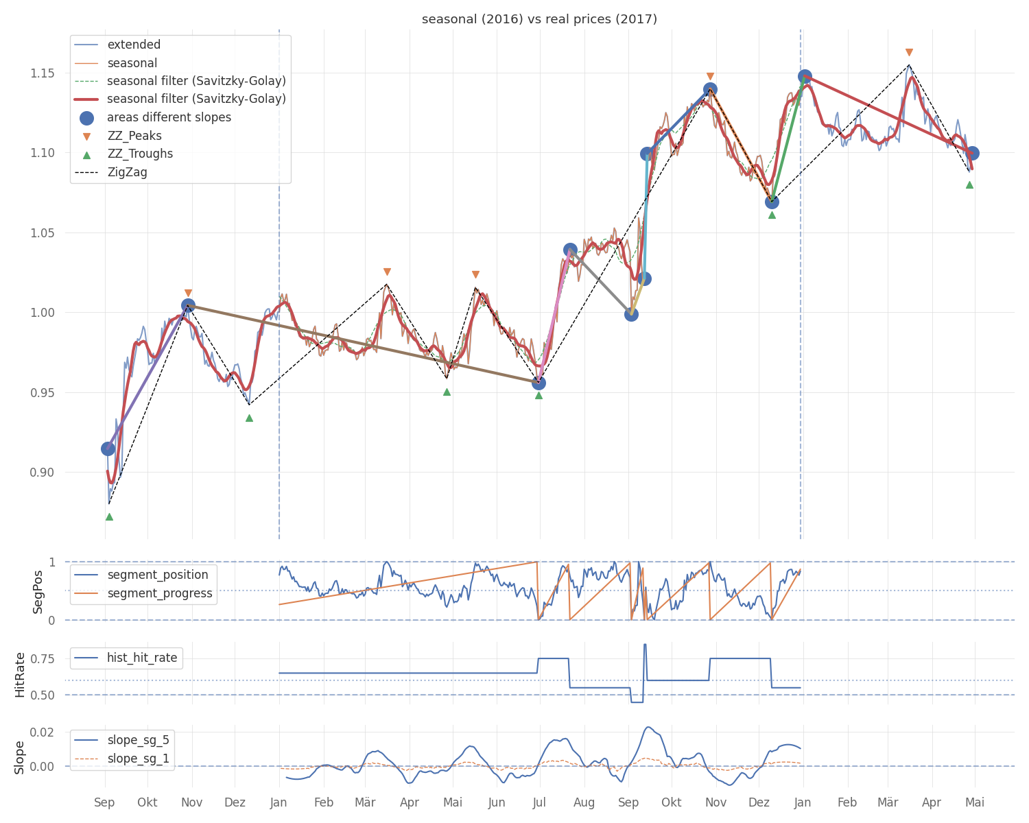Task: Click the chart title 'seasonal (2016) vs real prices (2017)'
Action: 539,19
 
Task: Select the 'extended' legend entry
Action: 117,45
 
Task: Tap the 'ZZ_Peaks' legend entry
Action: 118,136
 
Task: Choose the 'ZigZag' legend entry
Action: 111,172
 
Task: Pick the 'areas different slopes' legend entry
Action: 153,118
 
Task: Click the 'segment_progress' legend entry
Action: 143,593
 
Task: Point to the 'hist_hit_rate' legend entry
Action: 126,658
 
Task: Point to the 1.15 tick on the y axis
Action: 43,73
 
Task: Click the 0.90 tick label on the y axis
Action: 43,473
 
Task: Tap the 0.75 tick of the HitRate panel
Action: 43,658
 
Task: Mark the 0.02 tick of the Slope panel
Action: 43,732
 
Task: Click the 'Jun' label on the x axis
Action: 497,802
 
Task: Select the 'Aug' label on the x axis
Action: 584,802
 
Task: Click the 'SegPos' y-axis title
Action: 38,592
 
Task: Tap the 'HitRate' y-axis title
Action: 20,674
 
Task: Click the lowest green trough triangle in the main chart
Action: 109,516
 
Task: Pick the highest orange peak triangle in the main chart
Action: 908,52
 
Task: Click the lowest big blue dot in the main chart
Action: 108,449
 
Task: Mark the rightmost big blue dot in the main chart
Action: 972,153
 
